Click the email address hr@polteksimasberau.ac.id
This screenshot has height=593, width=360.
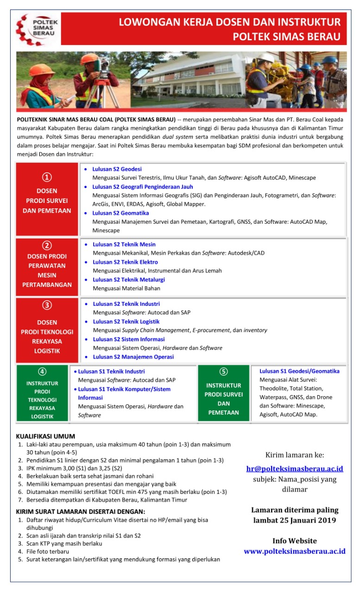(295, 468)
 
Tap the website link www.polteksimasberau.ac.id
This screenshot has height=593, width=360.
(295, 551)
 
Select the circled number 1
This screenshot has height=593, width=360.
(47, 177)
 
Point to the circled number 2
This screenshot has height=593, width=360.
(47, 246)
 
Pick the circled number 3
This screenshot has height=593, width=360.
(47, 305)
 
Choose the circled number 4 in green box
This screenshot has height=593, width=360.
(42, 371)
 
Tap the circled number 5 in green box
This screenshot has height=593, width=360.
(223, 372)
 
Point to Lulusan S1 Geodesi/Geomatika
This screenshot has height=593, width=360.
(299, 371)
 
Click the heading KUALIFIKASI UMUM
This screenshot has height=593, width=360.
(45, 436)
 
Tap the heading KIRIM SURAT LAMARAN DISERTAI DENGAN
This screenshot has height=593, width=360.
(81, 511)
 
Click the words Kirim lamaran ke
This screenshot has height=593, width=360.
(295, 455)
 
